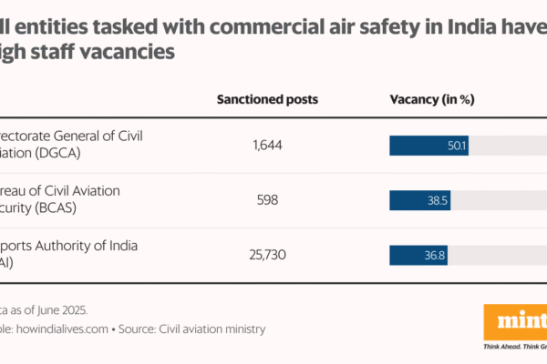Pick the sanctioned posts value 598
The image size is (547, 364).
tap(267, 199)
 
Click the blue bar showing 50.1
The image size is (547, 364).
tap(428, 145)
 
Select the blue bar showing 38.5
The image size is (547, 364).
tap(419, 199)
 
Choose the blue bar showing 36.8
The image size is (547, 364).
tap(418, 254)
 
